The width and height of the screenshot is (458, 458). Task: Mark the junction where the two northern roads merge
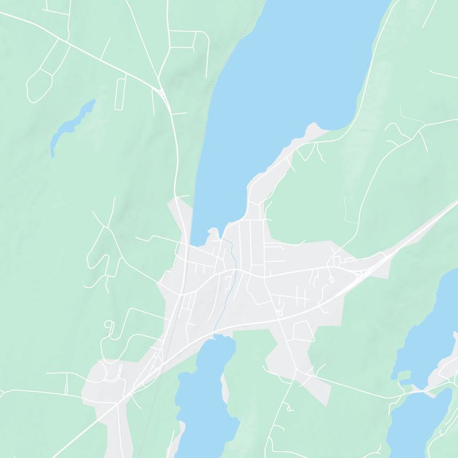click(162, 90)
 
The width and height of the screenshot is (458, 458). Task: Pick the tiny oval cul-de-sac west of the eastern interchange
click(331, 279)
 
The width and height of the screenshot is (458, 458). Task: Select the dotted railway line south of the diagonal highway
click(150, 412)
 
